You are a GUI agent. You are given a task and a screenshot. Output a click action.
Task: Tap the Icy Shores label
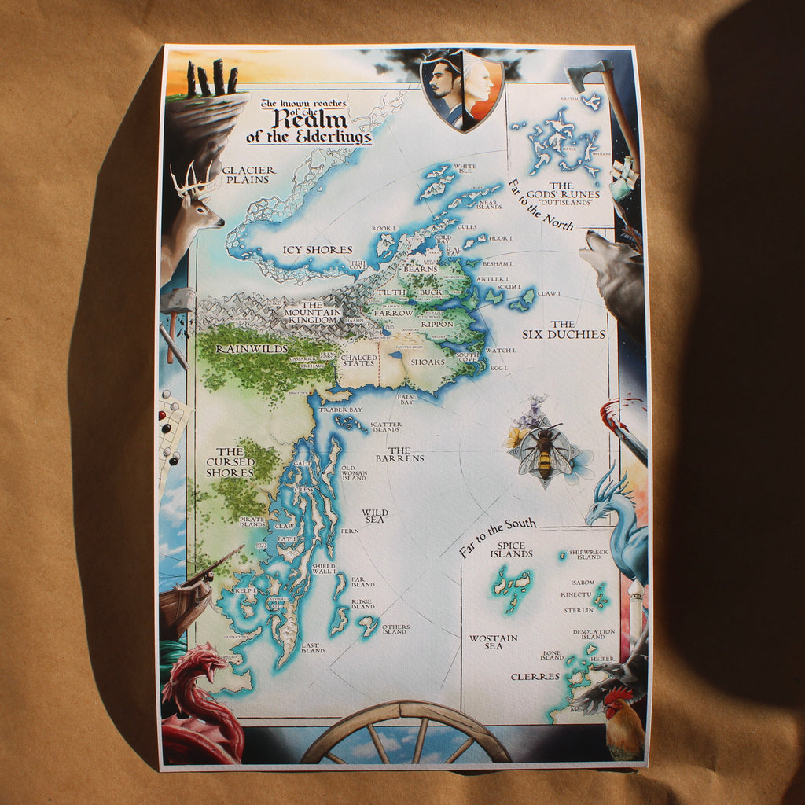point(317,250)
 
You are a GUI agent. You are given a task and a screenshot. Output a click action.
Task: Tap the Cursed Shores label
point(230,462)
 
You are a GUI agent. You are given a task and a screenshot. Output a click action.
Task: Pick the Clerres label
point(535,676)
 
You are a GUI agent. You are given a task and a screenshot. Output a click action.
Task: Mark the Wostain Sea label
point(493,641)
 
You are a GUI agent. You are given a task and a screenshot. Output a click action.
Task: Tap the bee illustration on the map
point(544,452)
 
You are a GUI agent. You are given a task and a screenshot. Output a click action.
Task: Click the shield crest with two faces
point(461,89)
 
